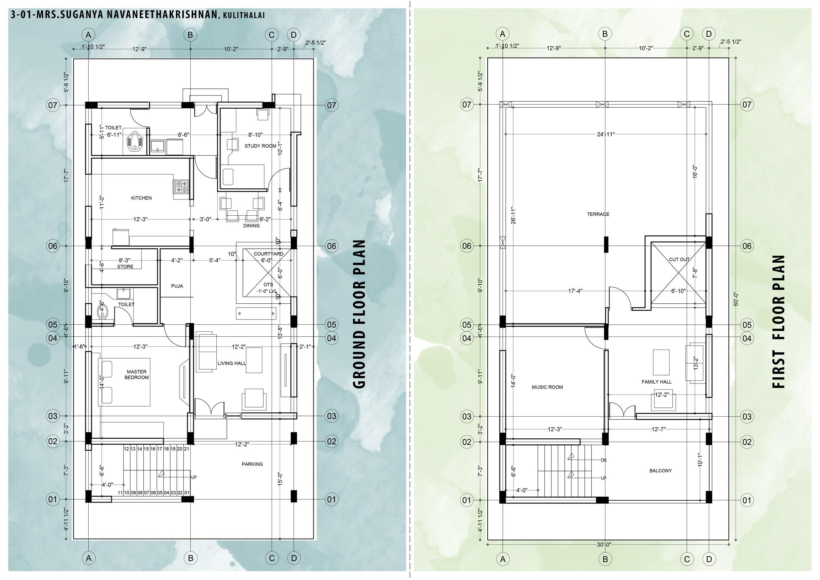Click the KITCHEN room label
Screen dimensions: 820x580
point(141,198)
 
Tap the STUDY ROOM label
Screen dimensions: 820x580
point(260,146)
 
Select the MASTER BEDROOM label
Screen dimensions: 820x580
point(136,375)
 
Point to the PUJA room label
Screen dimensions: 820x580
point(177,286)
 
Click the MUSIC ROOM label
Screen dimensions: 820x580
point(547,387)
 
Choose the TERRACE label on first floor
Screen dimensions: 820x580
point(598,214)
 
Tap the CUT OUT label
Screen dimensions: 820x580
point(679,259)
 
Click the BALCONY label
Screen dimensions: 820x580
point(660,471)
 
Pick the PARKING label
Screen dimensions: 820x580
point(252,464)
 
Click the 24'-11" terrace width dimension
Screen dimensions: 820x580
point(606,134)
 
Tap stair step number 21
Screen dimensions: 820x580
point(187,449)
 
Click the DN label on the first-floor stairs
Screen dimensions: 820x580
point(603,460)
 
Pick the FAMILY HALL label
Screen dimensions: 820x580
point(656,382)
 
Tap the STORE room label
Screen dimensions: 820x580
point(125,267)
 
